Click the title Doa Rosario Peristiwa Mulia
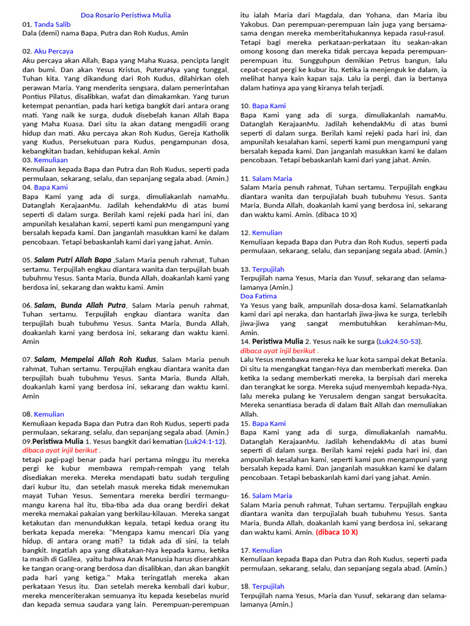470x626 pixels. pos(125,15)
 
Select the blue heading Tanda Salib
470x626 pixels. pos(52,24)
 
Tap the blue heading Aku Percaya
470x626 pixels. pos(53,51)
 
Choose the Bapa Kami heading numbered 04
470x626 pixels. pos(51,187)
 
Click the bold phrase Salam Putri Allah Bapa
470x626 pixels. pos(73,260)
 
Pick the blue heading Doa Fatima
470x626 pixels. pos(258,296)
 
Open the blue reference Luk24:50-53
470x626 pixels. pos(399,341)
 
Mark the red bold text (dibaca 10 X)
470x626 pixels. pos(337,532)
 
